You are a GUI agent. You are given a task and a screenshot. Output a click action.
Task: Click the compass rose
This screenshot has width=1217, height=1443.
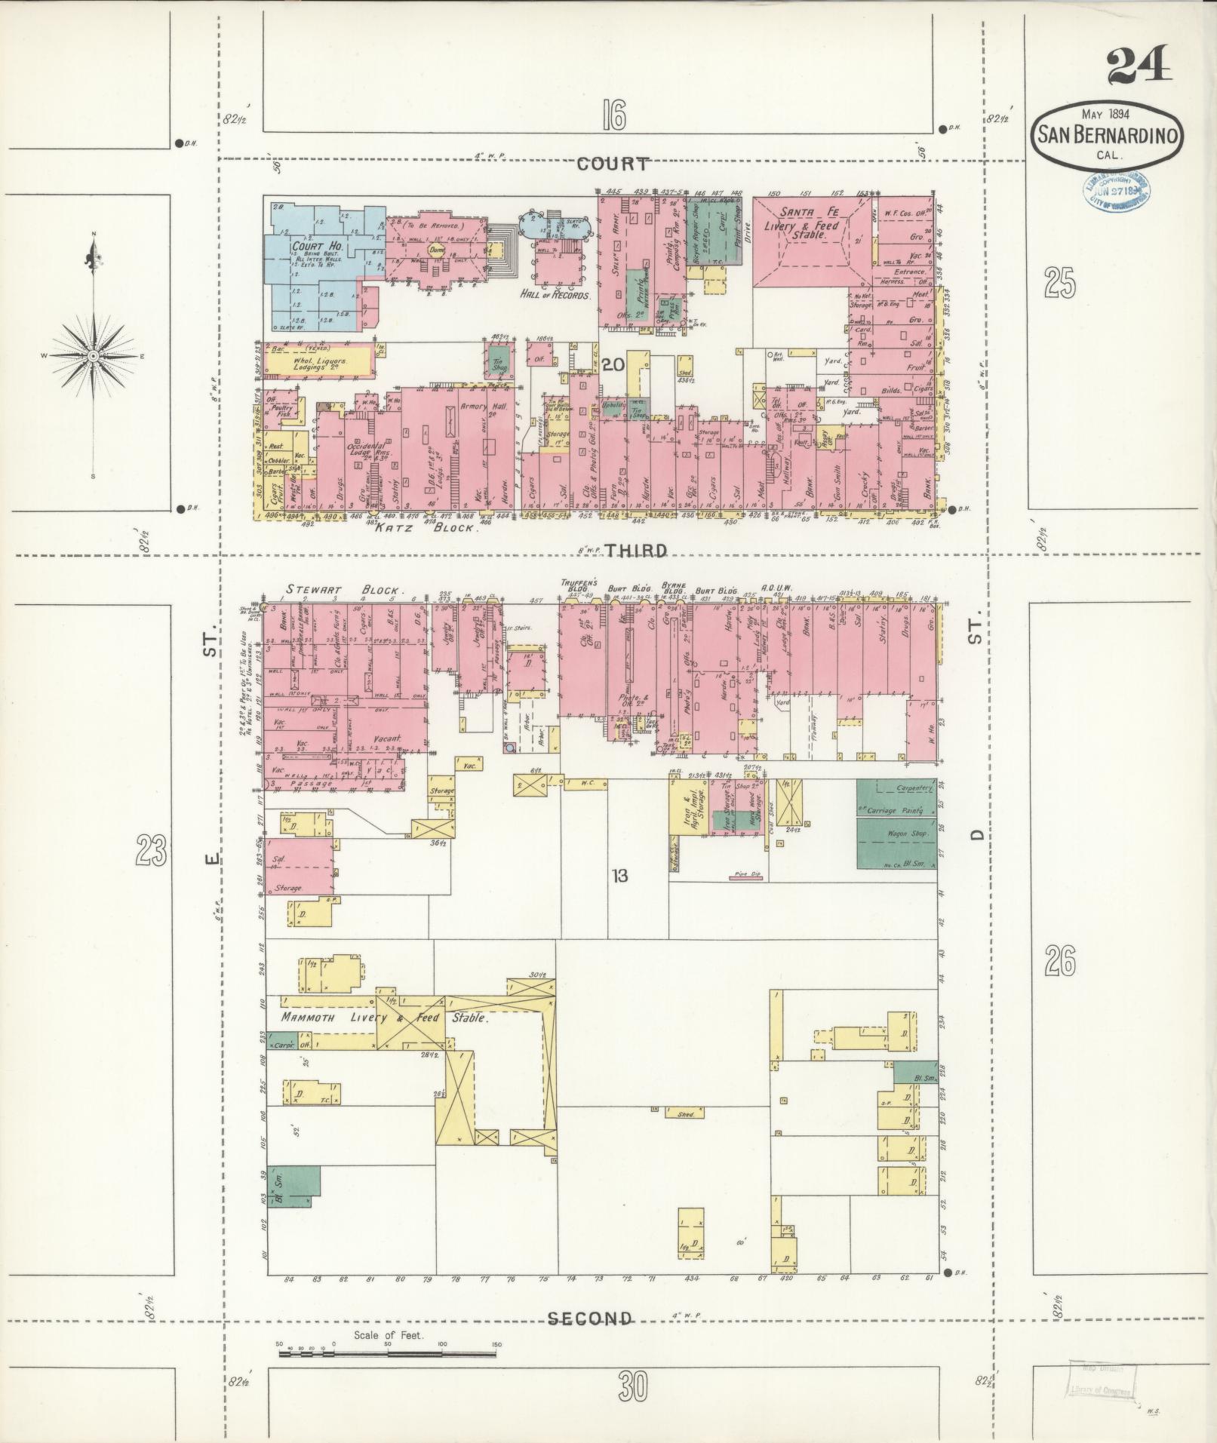(93, 355)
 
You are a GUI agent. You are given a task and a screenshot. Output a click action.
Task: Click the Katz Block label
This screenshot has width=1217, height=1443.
(426, 528)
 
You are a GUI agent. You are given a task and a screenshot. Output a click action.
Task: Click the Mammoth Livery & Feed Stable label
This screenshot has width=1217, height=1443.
(385, 1018)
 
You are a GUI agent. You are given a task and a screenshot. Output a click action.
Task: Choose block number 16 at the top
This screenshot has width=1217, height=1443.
(614, 116)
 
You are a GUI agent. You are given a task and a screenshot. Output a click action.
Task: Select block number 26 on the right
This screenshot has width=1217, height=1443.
(1060, 960)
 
